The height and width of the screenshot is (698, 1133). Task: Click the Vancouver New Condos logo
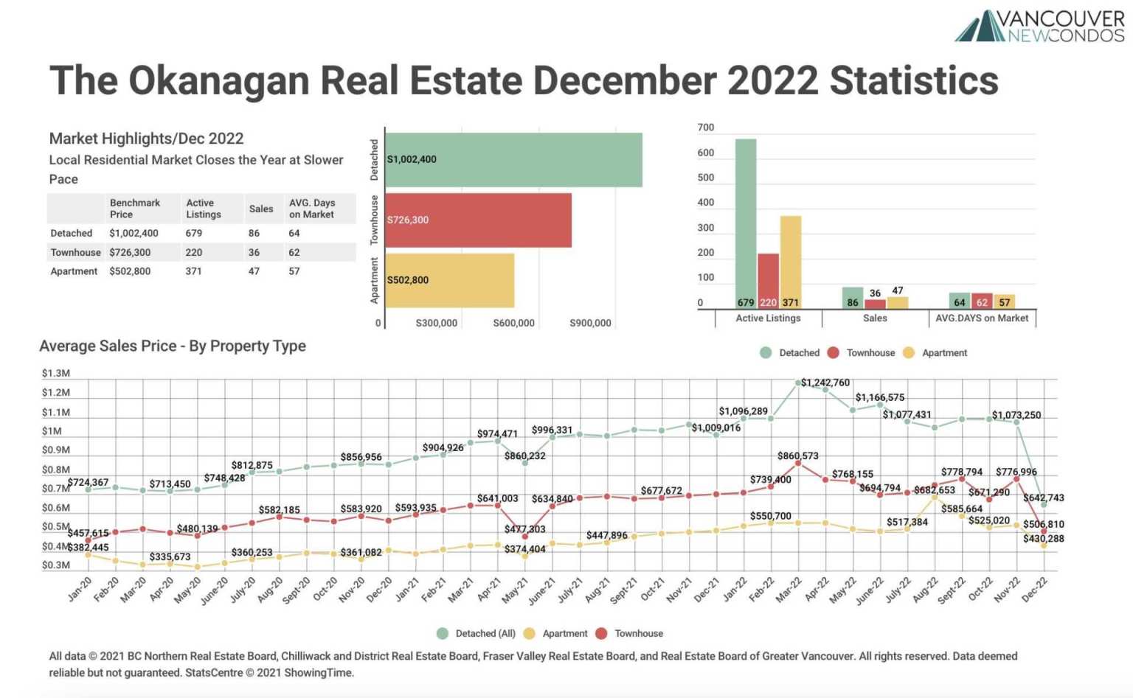(x=1040, y=26)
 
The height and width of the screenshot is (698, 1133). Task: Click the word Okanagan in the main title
(x=219, y=81)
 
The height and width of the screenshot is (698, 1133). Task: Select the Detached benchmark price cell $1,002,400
(x=134, y=233)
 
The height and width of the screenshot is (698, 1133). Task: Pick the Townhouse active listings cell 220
(x=194, y=252)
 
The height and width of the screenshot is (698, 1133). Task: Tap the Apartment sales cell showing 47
(x=254, y=271)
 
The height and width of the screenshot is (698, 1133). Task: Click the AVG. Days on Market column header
(x=311, y=209)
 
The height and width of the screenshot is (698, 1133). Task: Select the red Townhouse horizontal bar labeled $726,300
(x=478, y=220)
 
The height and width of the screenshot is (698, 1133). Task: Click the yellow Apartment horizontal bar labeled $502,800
(x=449, y=280)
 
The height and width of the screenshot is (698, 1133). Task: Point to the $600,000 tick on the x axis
(x=513, y=323)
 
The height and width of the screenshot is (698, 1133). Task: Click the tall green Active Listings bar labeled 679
(x=746, y=221)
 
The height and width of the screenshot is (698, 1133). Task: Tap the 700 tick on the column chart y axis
(x=705, y=128)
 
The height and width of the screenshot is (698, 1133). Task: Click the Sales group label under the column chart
(x=875, y=318)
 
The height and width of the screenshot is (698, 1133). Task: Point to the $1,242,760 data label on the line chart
(x=825, y=383)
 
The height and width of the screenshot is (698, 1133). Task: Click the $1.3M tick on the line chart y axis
(x=56, y=374)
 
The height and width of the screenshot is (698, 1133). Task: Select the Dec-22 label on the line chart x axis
(x=1034, y=590)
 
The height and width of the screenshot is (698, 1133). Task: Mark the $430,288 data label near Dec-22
(x=1043, y=539)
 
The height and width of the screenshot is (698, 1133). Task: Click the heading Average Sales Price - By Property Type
(x=173, y=346)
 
